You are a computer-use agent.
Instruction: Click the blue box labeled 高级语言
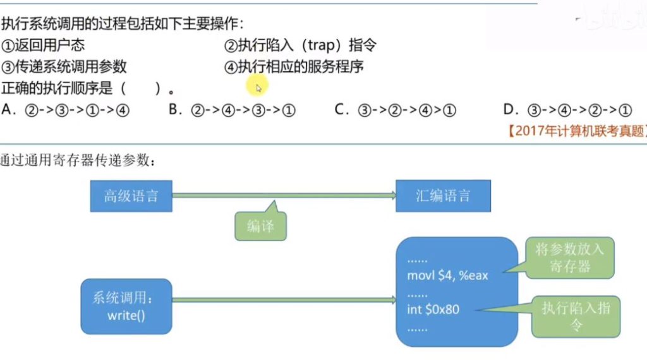131,195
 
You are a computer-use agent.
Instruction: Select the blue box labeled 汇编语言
443,195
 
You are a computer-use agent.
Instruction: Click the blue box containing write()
126,306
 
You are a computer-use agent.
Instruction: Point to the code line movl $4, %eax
448,276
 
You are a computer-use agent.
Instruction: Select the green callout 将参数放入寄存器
570,258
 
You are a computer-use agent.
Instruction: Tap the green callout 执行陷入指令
576,316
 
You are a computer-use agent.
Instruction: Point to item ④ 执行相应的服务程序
294,66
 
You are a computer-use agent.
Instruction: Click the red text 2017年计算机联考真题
576,131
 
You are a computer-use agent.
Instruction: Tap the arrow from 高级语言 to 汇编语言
284,195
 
